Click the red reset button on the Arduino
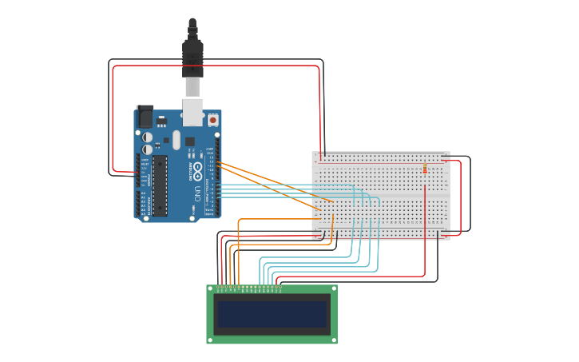213,120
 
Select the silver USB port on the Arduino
192,112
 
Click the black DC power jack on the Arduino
145,117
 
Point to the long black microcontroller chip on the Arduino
161,185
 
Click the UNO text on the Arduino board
197,193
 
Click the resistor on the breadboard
424,169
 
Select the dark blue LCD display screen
272,314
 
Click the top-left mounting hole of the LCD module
211,289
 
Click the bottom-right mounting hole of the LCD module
333,340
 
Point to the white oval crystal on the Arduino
176,140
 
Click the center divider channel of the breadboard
381,195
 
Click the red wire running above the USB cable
216,66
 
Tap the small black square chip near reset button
190,141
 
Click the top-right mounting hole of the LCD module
333,289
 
